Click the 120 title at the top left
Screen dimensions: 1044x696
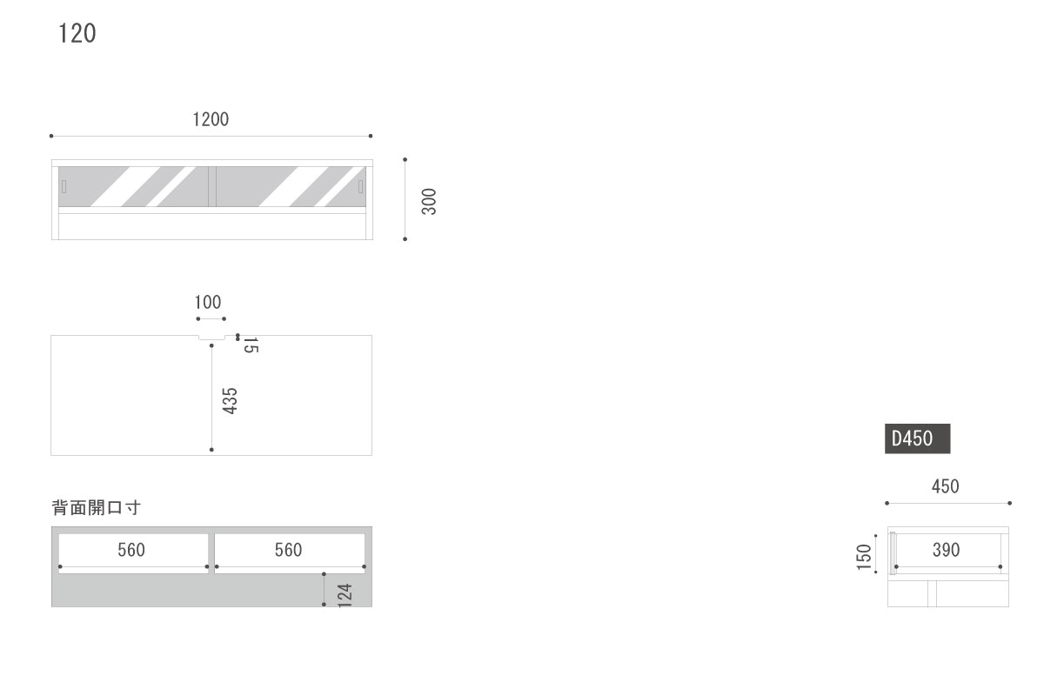tap(77, 34)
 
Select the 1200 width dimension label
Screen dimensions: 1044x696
tap(211, 119)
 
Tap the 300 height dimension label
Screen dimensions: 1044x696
tap(429, 201)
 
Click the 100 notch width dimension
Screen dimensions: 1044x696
tap(207, 302)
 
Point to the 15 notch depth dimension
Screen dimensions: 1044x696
tap(251, 345)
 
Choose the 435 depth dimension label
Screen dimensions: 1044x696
tap(230, 401)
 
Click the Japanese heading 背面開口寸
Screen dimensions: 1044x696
tap(96, 507)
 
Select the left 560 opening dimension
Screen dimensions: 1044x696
tap(131, 550)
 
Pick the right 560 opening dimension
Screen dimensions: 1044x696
tap(288, 550)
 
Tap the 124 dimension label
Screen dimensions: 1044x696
tap(345, 595)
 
